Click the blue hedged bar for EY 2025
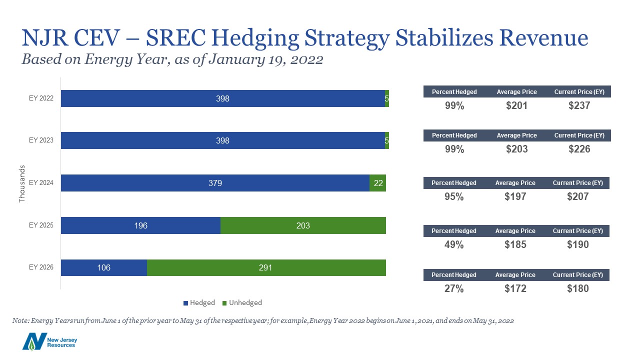140,225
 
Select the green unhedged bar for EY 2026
266,267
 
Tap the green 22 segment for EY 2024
377,183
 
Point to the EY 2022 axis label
41,98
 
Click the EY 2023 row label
41,140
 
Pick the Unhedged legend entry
242,302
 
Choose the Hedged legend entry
199,302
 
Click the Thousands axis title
22,183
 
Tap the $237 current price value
579,105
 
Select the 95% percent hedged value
454,196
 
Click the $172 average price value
515,288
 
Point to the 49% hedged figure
454,244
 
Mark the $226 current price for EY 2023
579,149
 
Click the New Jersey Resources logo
49,341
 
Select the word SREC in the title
175,37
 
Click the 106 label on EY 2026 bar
103,267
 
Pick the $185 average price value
515,244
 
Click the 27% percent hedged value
454,288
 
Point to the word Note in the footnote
20,320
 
